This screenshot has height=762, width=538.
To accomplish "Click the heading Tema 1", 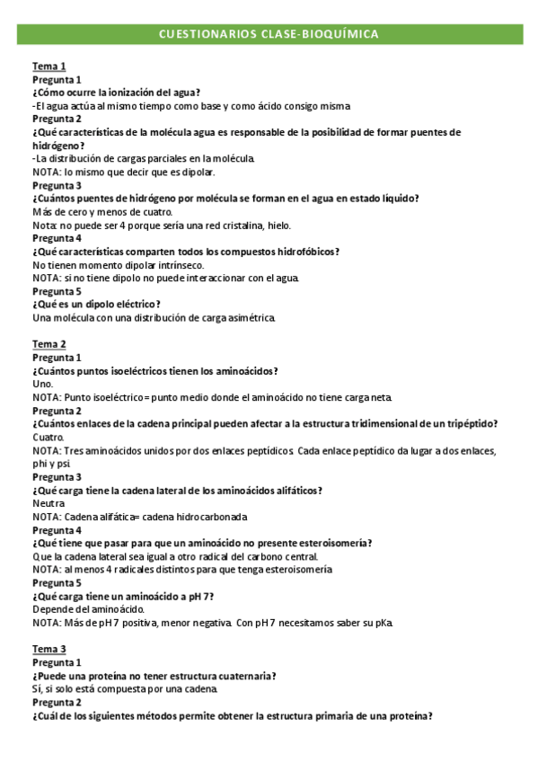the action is (49, 66).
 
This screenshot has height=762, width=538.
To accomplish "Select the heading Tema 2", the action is (49, 344).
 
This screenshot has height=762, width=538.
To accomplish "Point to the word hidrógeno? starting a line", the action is (58, 146).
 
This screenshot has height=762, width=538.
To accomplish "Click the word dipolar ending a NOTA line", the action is (195, 172).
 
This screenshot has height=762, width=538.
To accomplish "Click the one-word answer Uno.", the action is (43, 385).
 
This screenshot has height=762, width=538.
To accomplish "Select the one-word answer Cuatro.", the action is (49, 438).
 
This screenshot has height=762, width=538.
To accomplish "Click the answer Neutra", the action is (49, 504).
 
